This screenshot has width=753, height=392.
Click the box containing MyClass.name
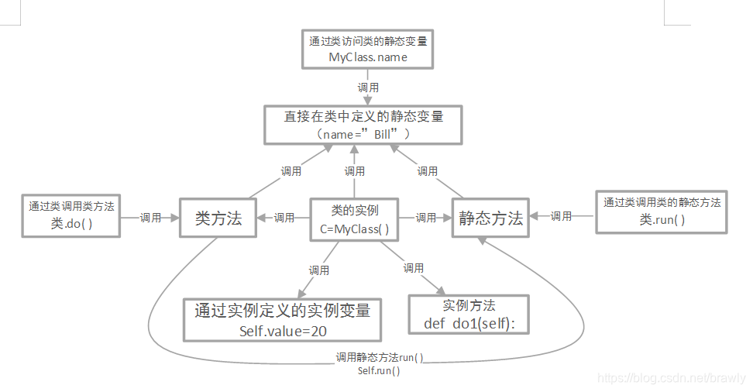367,50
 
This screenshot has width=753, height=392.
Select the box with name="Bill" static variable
363,125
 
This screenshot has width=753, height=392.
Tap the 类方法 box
218,218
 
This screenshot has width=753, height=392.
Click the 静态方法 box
490,218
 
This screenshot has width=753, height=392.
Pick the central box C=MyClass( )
355,219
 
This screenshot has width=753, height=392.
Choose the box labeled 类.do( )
71,215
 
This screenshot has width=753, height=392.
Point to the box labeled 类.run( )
662,211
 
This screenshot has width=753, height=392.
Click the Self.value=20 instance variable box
282,319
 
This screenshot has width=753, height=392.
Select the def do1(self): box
469,315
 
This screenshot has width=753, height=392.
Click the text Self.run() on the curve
379,371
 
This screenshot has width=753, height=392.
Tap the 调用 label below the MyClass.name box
369,88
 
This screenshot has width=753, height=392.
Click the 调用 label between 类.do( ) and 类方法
151,218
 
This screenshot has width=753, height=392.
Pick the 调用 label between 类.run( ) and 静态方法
562,216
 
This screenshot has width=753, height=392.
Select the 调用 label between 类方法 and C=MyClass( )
284,218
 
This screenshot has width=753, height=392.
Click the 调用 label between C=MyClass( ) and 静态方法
426,218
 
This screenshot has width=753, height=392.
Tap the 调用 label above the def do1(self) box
414,268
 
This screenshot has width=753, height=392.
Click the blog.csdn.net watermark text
672,378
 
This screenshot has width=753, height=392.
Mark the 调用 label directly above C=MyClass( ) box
355,171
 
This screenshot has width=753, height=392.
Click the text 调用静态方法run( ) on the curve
379,358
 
